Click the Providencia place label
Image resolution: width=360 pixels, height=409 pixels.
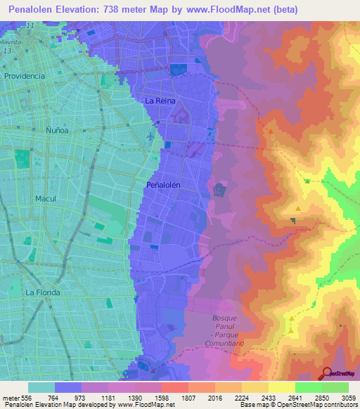pyautogui.click(x=25, y=75)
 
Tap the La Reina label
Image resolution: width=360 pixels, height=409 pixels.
pyautogui.click(x=158, y=101)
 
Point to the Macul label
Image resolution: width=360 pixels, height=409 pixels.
pyautogui.click(x=46, y=199)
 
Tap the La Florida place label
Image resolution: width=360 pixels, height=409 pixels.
pyautogui.click(x=43, y=292)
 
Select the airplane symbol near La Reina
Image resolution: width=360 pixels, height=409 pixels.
pyautogui.click(x=151, y=136)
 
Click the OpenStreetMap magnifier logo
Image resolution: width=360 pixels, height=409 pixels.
pyautogui.click(x=326, y=372)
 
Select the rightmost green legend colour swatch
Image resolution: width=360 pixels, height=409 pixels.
pyautogui.click(x=335, y=387)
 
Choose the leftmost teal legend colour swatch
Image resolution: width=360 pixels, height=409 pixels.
pyautogui.click(x=41, y=387)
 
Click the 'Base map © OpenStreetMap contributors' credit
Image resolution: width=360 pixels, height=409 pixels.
pyautogui.click(x=298, y=405)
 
